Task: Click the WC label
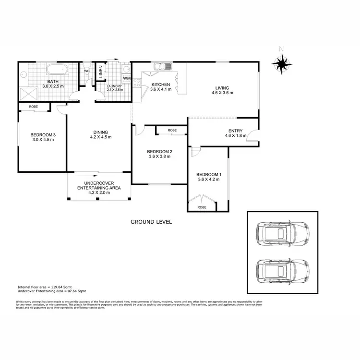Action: (x=87, y=71)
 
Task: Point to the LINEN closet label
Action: (x=101, y=72)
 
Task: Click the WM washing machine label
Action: (x=126, y=78)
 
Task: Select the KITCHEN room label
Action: (x=160, y=84)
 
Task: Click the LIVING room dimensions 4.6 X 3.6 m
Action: (x=222, y=93)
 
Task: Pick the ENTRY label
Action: (x=235, y=131)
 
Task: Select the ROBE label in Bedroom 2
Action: (x=172, y=130)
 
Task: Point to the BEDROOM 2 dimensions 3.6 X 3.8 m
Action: (x=160, y=156)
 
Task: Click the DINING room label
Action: (x=101, y=132)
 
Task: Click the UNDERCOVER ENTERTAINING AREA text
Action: (x=98, y=185)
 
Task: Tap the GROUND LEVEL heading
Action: (x=151, y=222)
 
